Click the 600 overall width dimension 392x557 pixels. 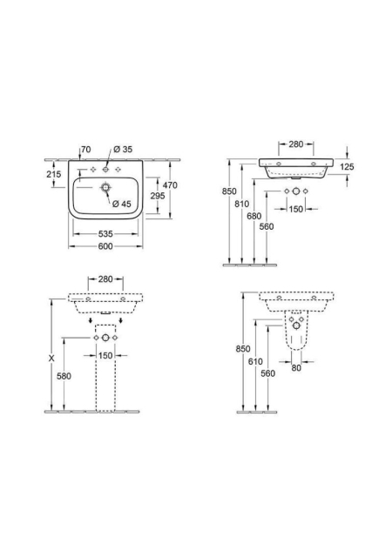tap(105, 246)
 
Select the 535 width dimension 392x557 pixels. tap(105, 234)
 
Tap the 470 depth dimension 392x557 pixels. tap(170, 185)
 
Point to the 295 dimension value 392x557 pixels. tap(158, 195)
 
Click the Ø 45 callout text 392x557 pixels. tap(122, 204)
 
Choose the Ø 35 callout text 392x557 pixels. tap(123, 150)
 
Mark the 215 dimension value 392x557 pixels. tap(54, 174)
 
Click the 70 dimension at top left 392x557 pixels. tap(85, 150)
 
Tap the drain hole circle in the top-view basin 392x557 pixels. tap(105, 187)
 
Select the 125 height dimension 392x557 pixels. tap(347, 166)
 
